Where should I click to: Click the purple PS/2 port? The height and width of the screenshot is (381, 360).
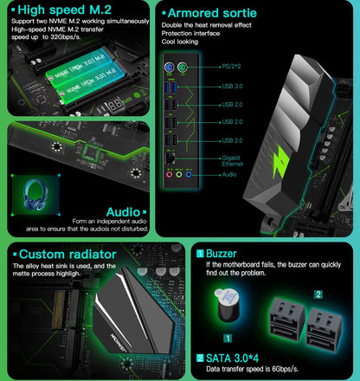pos(172,65)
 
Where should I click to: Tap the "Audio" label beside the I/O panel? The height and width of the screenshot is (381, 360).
pos(230,173)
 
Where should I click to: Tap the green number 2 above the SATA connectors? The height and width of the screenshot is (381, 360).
pos(318,294)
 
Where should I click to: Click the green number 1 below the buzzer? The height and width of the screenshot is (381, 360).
pos(227,336)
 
